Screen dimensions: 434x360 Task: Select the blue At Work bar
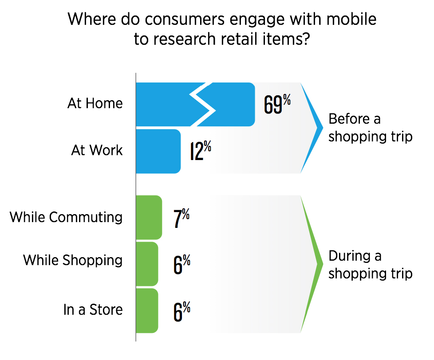[x=158, y=151]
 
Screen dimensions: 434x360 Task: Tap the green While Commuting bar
[x=149, y=217]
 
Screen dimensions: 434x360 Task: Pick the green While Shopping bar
[x=147, y=264]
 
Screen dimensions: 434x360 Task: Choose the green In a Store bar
[x=147, y=311]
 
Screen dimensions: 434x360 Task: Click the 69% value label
[x=277, y=104]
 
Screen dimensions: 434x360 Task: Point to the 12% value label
[x=201, y=150]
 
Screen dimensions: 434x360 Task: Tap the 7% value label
[x=181, y=218]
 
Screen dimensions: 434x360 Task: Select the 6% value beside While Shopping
[x=182, y=264]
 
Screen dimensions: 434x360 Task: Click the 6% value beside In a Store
[x=182, y=312]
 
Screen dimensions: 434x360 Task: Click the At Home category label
[x=95, y=103]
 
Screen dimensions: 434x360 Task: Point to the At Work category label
[x=97, y=150]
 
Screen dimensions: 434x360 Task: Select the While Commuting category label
[x=66, y=217]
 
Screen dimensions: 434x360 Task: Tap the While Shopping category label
[x=73, y=260]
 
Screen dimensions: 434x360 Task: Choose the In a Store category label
[x=93, y=309]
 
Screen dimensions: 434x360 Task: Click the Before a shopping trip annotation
[x=371, y=128]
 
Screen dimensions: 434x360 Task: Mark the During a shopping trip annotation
[x=371, y=265]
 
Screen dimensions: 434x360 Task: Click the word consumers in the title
[x=185, y=20]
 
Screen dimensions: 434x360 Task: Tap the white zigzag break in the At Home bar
[x=202, y=105]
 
